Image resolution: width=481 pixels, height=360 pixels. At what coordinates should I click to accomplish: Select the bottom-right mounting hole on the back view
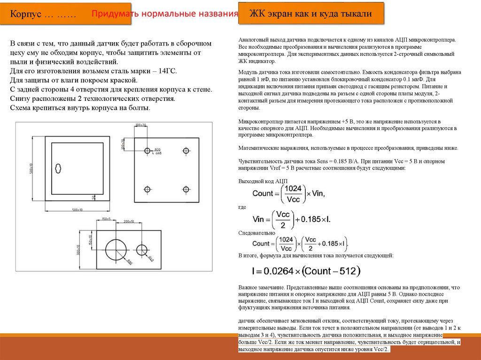click(186, 189)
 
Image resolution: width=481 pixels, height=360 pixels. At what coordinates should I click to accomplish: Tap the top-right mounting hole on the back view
click(186, 151)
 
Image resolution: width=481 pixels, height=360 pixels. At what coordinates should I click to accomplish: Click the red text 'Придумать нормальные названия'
click(164, 14)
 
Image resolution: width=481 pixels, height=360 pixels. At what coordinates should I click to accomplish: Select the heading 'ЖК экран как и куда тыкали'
click(310, 14)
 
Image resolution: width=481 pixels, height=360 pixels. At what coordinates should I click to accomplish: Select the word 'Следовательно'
click(256, 232)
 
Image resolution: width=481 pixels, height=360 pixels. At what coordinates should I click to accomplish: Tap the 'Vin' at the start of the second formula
click(259, 219)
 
